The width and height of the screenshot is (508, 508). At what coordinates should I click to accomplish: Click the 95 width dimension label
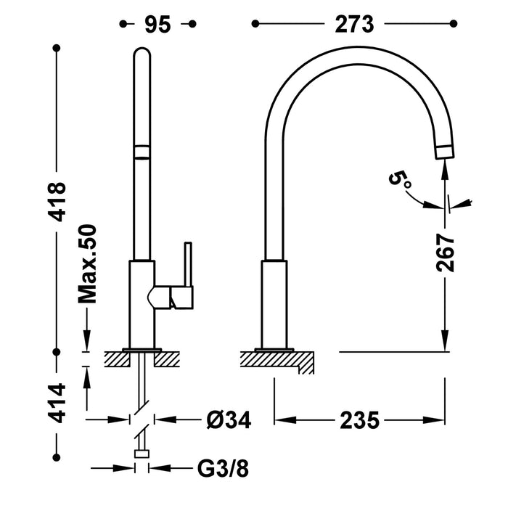click(x=157, y=24)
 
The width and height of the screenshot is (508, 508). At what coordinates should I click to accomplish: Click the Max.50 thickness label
click(x=89, y=263)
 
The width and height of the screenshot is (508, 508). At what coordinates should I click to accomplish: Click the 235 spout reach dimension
click(x=359, y=420)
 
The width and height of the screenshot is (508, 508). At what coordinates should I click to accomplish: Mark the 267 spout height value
click(x=446, y=253)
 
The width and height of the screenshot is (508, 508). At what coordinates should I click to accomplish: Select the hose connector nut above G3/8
click(x=143, y=454)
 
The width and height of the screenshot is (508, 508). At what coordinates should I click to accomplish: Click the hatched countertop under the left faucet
click(x=143, y=359)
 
